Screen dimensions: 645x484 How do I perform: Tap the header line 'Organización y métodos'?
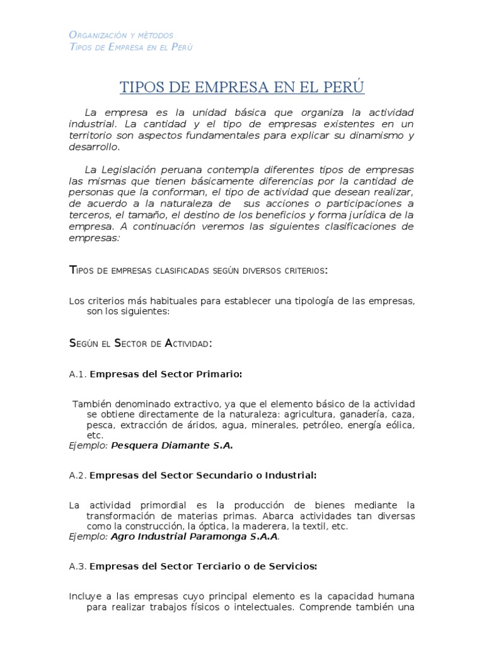[x=120, y=35]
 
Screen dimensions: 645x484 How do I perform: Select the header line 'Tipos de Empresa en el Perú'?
[x=130, y=47]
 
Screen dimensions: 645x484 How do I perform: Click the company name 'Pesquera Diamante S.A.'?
[x=172, y=445]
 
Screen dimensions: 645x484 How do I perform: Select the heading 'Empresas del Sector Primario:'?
[x=166, y=374]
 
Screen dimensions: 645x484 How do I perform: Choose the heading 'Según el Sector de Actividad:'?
[x=140, y=343]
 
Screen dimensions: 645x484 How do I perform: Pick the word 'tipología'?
[x=312, y=301]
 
